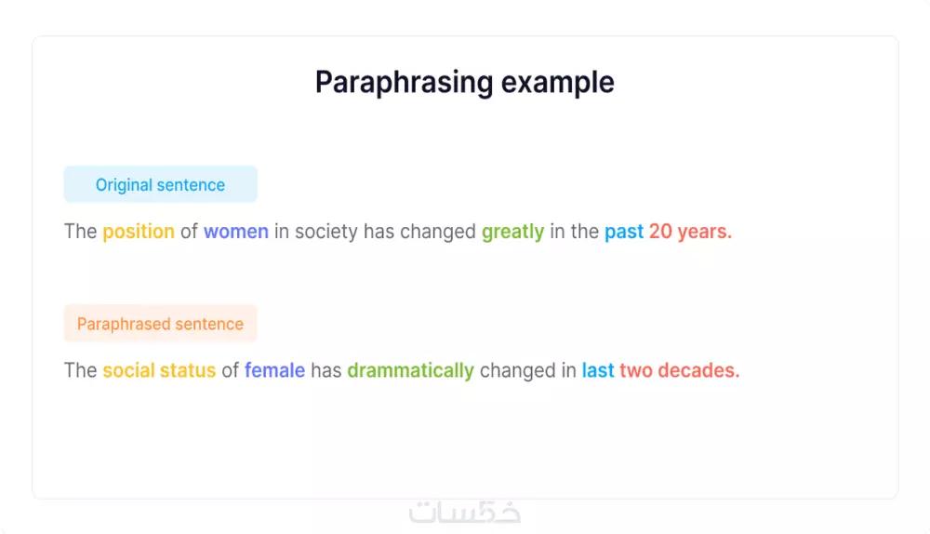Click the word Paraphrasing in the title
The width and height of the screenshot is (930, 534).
point(404,83)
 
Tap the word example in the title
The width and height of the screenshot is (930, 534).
point(557,83)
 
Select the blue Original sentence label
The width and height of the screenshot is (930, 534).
point(160,184)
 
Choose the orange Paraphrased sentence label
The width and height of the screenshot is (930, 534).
point(160,324)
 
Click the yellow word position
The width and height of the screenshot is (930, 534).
point(139,232)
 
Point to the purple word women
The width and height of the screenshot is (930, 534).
point(236,232)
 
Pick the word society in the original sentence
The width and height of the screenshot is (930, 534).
point(326,232)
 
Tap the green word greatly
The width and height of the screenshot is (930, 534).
point(513,232)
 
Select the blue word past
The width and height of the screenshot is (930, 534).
point(624,232)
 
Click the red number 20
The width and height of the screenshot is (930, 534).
point(660,232)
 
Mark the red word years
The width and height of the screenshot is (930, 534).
point(705,232)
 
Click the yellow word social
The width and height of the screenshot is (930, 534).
point(128,370)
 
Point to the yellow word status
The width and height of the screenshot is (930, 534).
point(188,370)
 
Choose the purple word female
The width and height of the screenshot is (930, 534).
point(274,370)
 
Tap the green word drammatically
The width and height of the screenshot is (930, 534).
point(410,370)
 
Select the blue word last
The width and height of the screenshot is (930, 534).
point(598,370)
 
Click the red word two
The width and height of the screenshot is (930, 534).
point(636,370)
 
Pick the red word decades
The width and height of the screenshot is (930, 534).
point(698,370)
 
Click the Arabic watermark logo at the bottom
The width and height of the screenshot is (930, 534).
point(464,512)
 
